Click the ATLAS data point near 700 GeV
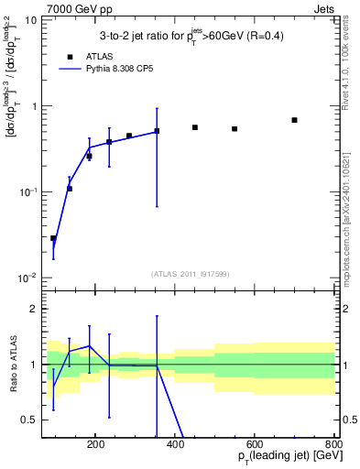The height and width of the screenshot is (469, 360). [x=294, y=120]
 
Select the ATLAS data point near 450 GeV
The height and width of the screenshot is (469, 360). [x=195, y=127]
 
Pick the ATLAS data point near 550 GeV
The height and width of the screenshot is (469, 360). [x=235, y=129]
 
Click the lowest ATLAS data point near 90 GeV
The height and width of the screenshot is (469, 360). [x=53, y=238]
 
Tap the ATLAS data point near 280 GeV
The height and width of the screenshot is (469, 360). [x=129, y=136]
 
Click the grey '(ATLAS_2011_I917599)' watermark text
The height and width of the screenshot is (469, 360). [x=191, y=273]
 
